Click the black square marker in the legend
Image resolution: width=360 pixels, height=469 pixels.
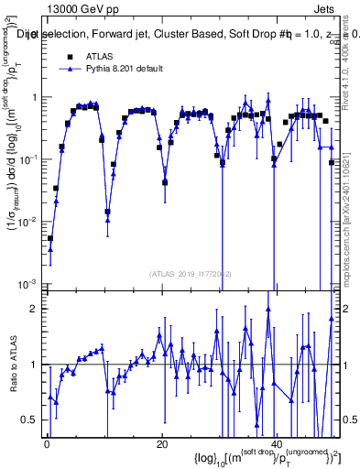[69, 56]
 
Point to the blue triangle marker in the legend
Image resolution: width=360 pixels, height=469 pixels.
[69, 69]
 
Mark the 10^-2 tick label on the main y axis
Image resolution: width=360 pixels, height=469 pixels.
[27, 222]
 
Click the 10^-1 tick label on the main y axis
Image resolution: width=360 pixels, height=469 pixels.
[27, 159]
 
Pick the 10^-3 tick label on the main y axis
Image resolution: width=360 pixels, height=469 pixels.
[27, 284]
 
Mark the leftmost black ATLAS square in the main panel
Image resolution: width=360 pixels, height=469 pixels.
[50, 238]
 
